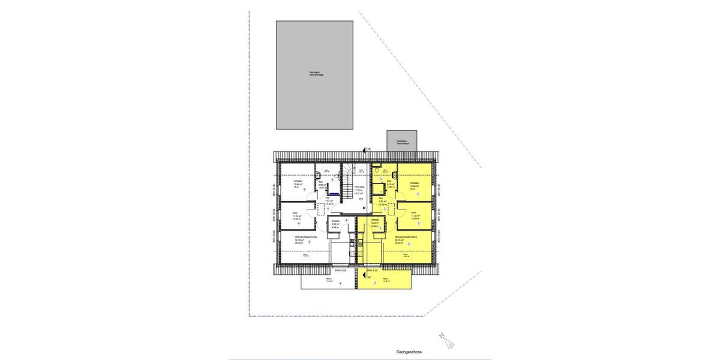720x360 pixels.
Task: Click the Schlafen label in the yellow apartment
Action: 414,182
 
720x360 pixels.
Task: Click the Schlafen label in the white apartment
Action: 298,181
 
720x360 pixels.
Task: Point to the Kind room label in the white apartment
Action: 296,212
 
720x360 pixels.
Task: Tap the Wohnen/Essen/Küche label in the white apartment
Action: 305,238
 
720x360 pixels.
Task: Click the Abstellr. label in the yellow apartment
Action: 375,221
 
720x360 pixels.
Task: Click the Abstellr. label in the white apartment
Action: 335,221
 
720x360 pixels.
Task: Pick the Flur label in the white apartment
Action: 328,197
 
